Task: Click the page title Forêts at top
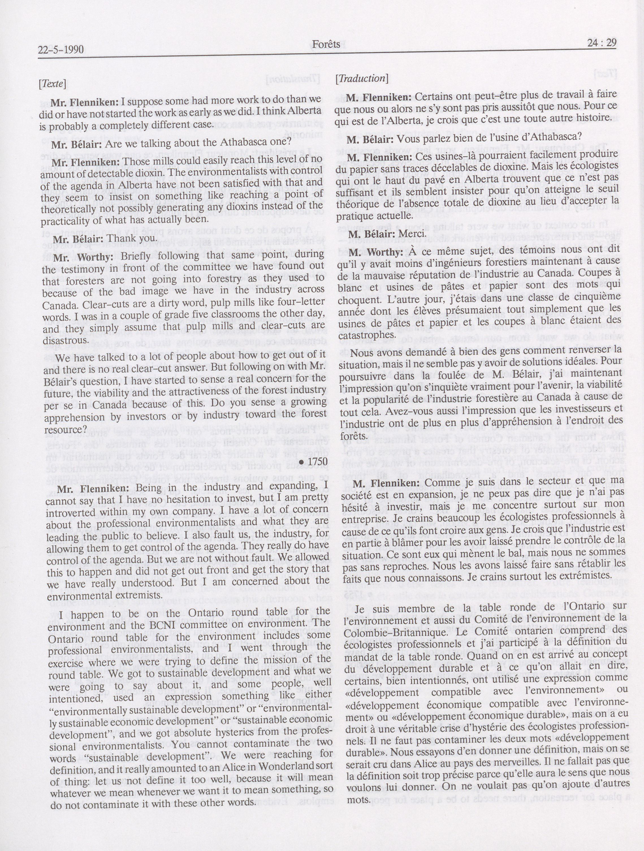(326, 44)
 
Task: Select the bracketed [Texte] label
(52, 83)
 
